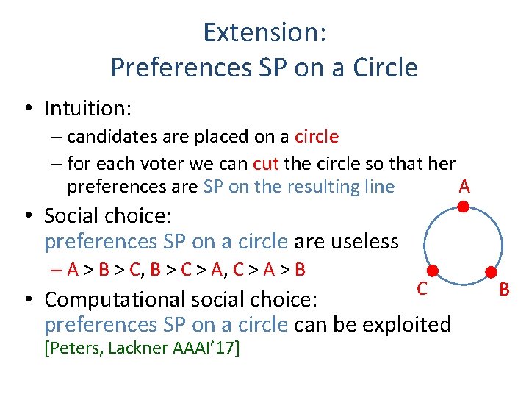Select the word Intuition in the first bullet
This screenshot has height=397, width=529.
[x=87, y=109]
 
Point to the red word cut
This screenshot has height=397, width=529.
[x=265, y=163]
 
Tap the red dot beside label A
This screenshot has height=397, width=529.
[x=464, y=207]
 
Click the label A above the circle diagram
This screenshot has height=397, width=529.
[x=464, y=186]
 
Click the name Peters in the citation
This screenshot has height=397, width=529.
[x=73, y=348]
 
